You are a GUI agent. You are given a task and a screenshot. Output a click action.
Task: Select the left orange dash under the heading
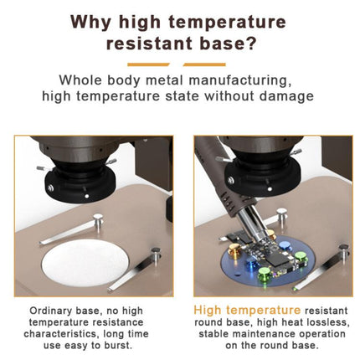[x=148, y=64]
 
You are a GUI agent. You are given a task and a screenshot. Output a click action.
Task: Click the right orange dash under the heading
[x=204, y=64]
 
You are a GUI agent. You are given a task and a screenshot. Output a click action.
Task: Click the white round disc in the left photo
[x=85, y=263]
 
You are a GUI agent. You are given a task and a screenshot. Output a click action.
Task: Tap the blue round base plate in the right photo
[x=268, y=268]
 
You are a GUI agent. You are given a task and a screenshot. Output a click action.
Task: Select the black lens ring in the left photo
[x=80, y=187]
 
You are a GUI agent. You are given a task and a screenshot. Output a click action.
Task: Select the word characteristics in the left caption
[x=61, y=334]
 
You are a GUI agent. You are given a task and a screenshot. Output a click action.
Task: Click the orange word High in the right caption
[x=208, y=310]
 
